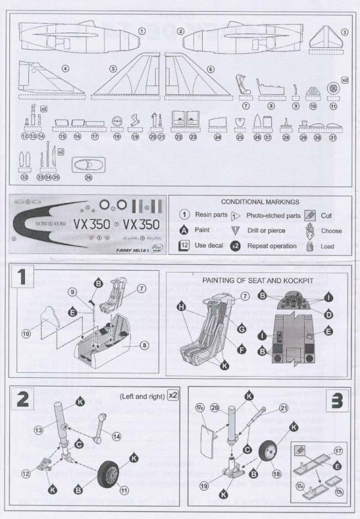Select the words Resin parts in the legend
pyautogui.click(x=211, y=215)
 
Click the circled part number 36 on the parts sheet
pyautogui.click(x=89, y=177)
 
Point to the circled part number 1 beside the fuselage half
pyautogui.click(x=142, y=31)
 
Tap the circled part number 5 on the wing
pyautogui.click(x=113, y=69)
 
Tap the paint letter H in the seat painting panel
pyautogui.click(x=181, y=306)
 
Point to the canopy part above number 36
pyautogui.click(x=90, y=165)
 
